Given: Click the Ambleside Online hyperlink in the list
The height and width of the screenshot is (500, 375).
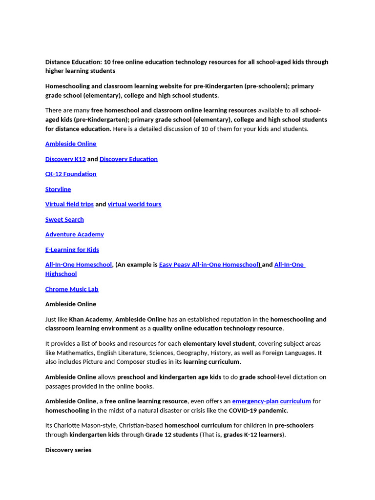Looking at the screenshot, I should point(71,144).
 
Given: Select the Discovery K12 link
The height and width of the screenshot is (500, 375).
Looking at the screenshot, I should point(65,159).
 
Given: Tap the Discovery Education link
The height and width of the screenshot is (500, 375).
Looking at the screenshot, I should point(128,159).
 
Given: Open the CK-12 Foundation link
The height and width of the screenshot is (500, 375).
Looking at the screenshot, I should point(71,174).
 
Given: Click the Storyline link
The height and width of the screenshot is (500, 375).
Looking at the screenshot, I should point(58,189).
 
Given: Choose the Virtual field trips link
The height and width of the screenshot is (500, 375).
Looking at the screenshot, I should point(69,205).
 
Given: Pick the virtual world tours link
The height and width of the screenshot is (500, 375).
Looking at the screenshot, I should point(134,205).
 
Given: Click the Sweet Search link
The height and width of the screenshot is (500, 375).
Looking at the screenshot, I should point(64,220).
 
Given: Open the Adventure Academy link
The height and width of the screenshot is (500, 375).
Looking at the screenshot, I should point(75,235).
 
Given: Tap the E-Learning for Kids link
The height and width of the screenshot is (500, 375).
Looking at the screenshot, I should point(72,250).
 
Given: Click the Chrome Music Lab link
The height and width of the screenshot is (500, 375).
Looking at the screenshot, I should point(72,290).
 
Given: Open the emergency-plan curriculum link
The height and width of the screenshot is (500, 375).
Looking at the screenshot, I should point(271,401).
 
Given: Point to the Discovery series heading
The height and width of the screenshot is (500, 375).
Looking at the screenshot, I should point(68,450).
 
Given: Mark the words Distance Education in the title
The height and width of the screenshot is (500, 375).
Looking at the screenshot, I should point(73,62).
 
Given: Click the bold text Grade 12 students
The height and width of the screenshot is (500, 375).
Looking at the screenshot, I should point(171,435).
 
